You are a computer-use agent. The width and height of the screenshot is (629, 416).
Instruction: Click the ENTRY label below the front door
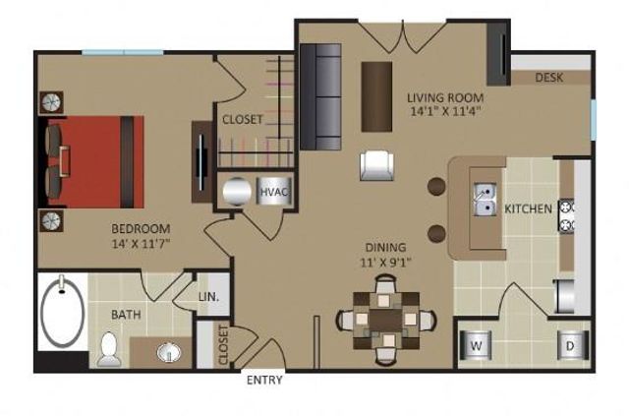[x=264, y=381]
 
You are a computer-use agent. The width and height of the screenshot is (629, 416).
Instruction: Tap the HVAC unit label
[x=274, y=191]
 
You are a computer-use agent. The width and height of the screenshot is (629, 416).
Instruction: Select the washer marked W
[x=476, y=345]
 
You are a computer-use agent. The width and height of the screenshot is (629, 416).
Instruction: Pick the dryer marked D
[x=568, y=345]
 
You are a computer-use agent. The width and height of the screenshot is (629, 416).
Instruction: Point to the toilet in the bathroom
[x=109, y=349]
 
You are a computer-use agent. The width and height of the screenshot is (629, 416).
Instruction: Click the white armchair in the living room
[x=378, y=164]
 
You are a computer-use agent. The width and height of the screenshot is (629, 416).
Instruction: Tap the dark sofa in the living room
[x=318, y=95]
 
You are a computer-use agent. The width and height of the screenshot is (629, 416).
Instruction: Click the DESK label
[x=549, y=78]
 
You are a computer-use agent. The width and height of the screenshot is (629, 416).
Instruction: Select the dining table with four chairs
[x=386, y=319]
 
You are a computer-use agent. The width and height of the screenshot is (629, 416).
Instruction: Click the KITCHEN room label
[x=529, y=208]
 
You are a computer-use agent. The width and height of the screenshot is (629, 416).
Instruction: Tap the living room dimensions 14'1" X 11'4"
[x=443, y=111]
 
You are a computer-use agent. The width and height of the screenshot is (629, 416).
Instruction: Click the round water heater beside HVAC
[x=238, y=191]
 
